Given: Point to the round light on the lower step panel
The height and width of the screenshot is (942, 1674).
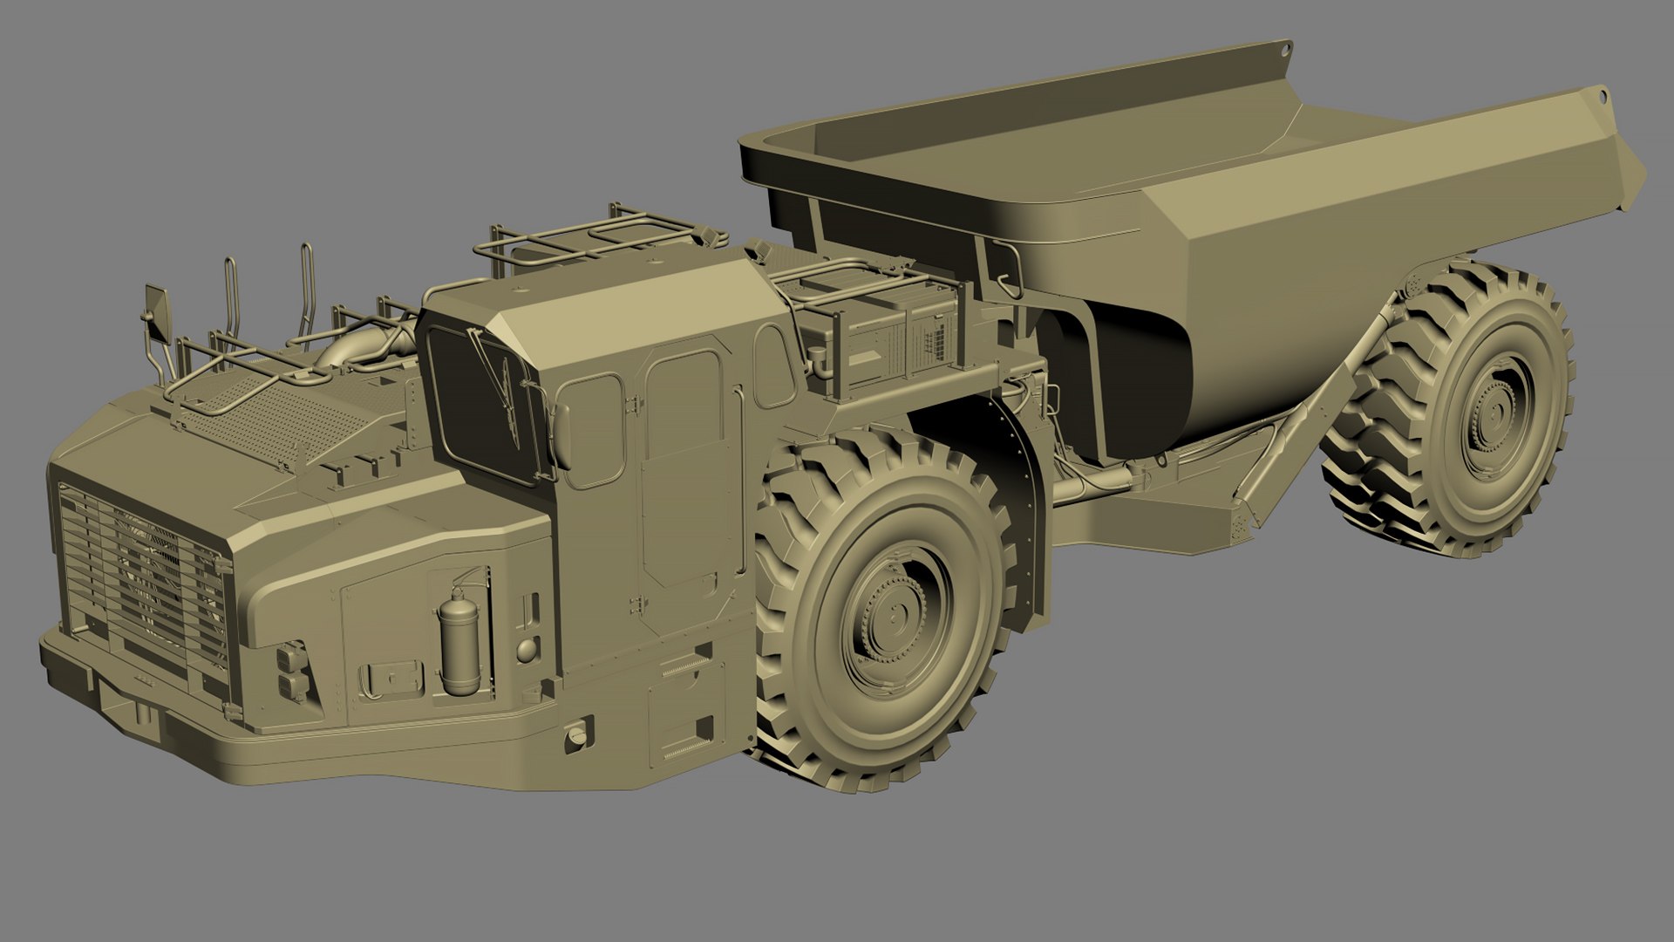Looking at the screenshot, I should click(575, 737).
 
